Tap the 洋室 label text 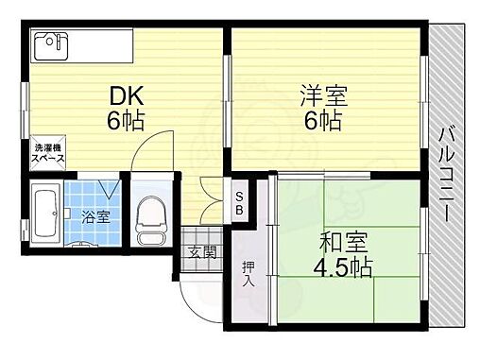(323, 95)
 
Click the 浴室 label (96, 215)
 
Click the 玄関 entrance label (201, 251)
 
